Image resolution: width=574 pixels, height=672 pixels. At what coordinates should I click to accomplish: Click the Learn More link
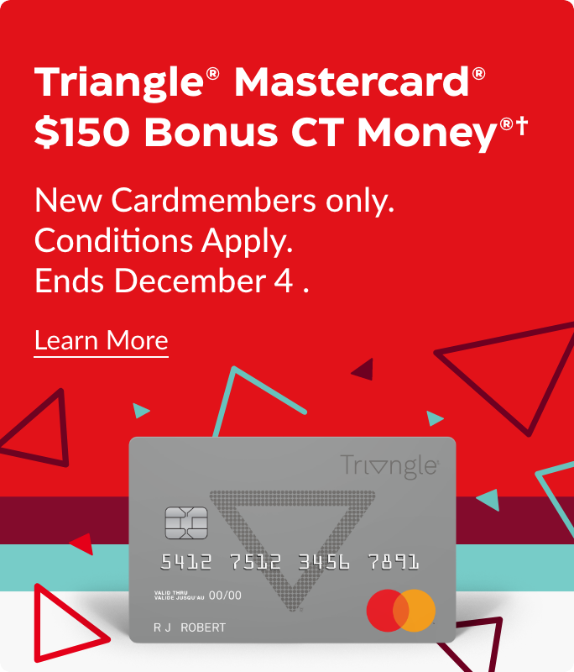101,341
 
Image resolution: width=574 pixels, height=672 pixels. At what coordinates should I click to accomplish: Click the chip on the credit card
186,522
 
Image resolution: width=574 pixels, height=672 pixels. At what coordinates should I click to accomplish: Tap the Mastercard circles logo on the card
401,610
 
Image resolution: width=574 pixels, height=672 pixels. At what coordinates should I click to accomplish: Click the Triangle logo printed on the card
389,465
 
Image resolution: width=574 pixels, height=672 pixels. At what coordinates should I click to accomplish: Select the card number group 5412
186,561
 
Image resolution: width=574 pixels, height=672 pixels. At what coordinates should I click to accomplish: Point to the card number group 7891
393,561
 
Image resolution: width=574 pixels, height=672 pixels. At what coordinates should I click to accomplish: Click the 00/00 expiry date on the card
225,596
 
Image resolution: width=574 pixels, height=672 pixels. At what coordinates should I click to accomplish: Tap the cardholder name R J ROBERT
190,627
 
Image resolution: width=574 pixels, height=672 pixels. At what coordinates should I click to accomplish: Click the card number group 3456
324,561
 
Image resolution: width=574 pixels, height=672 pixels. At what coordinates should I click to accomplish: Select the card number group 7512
255,561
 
